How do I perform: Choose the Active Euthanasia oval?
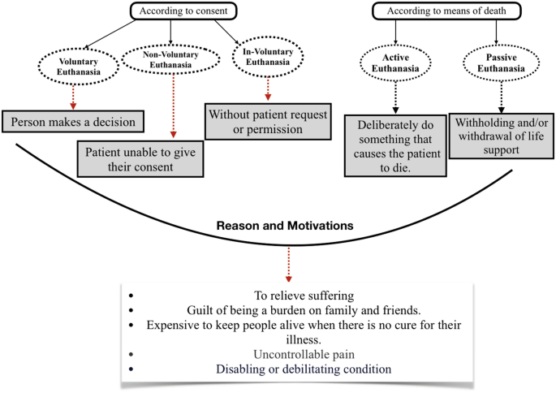point(395,66)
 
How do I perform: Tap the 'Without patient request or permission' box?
point(266,121)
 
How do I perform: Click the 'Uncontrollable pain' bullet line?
point(279,354)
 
